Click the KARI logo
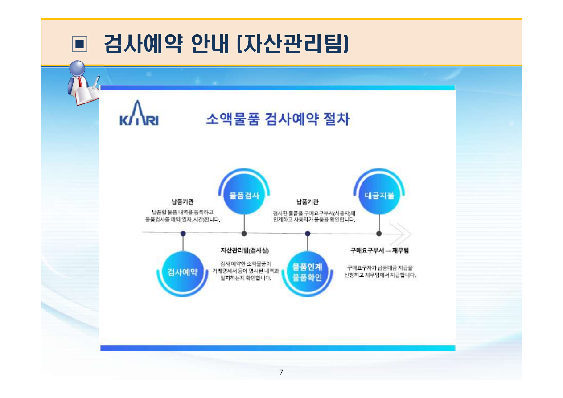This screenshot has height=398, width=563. (139, 115)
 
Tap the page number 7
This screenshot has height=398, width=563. (281, 373)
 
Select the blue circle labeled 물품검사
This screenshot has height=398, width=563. (244, 195)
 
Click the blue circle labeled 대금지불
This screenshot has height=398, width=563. (379, 195)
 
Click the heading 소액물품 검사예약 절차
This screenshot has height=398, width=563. (277, 119)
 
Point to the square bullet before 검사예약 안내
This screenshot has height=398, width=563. (79, 44)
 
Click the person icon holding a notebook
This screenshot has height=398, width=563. (83, 83)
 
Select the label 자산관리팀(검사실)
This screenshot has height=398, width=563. (245, 250)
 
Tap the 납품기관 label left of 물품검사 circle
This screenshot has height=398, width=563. (183, 201)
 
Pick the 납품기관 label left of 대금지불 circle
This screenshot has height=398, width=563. (308, 201)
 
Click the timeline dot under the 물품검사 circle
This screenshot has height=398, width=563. (244, 233)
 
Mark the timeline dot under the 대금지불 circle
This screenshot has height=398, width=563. (379, 233)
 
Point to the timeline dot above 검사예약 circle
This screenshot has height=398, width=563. (183, 233)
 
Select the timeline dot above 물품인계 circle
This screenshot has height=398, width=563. (308, 233)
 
